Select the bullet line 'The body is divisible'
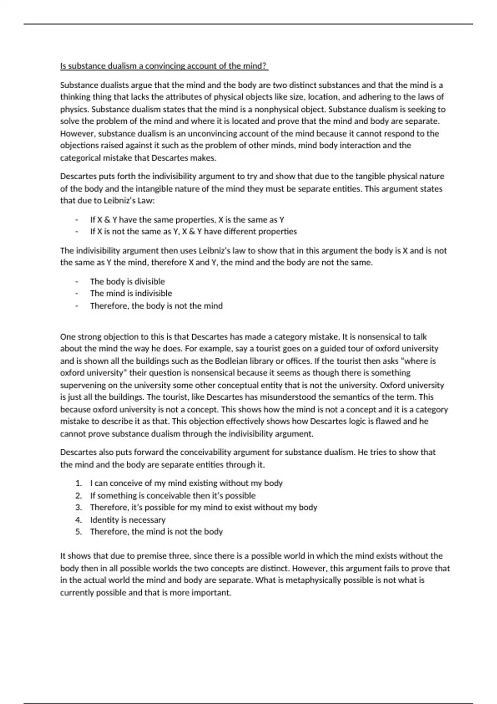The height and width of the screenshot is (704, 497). click(x=127, y=282)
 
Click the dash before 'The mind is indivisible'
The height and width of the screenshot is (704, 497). click(x=77, y=294)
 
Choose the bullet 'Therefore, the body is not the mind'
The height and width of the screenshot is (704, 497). click(x=156, y=306)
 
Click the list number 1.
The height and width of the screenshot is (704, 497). click(x=78, y=483)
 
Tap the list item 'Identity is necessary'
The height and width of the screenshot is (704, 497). click(x=128, y=520)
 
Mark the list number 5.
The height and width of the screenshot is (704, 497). click(x=78, y=532)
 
